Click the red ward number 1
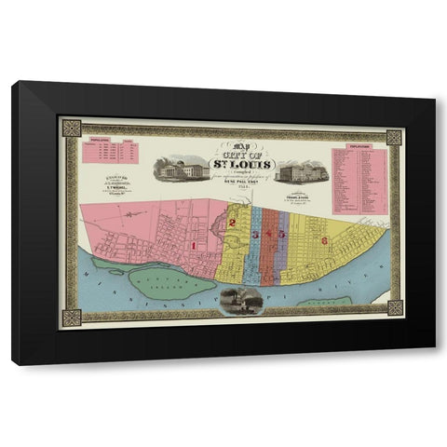click(194, 245)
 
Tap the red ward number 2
click(232, 223)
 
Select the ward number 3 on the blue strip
click(254, 235)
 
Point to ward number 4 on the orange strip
click(268, 235)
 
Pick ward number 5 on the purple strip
click(281, 235)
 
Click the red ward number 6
click(323, 240)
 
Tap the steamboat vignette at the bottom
click(236, 299)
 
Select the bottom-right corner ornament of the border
click(394, 307)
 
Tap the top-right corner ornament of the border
click(394, 138)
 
